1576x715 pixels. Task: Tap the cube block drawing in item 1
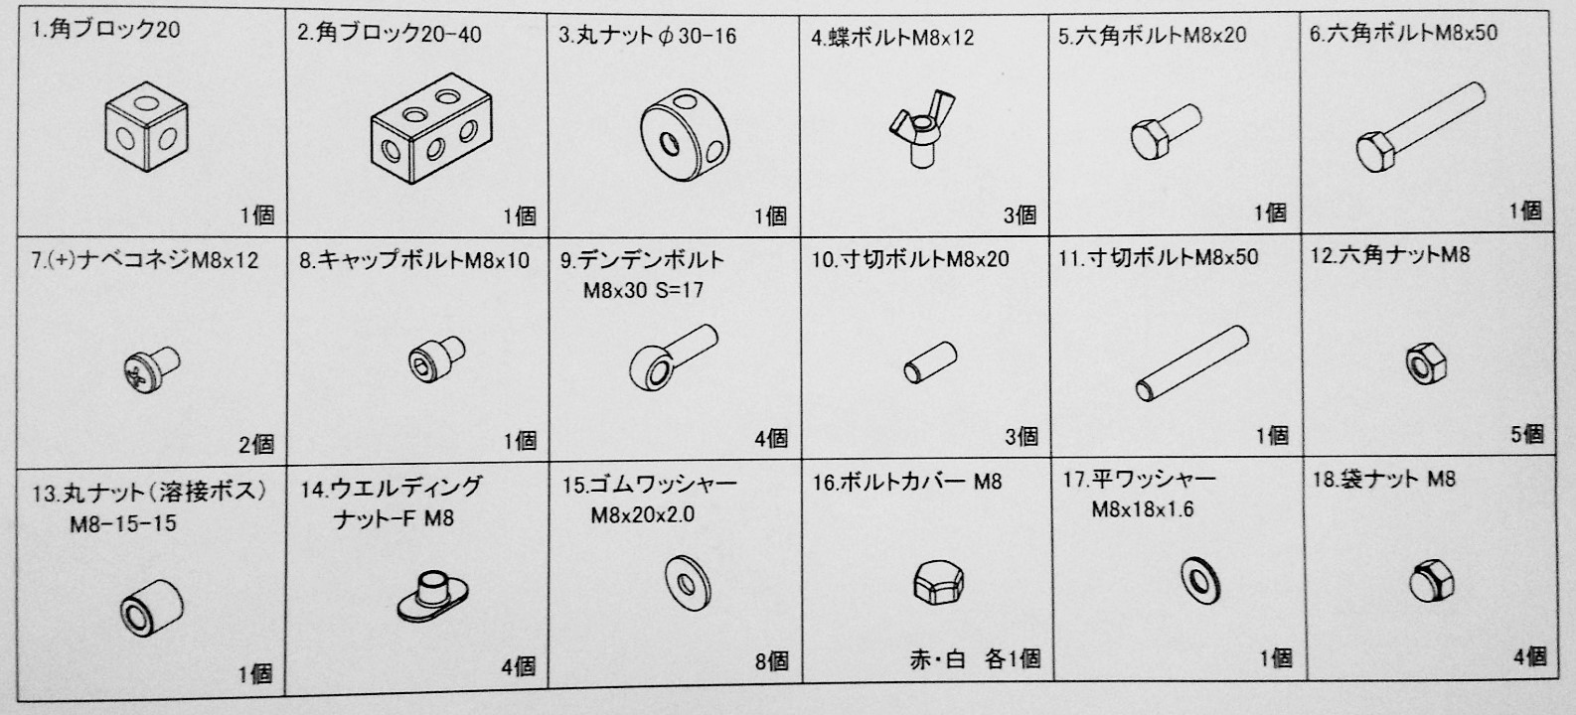[x=146, y=126]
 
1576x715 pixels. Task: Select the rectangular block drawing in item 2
[x=431, y=136]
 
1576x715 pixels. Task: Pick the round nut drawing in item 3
[x=685, y=134]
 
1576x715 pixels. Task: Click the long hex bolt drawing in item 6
[x=1420, y=127]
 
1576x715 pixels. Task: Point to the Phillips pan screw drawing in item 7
[x=151, y=368]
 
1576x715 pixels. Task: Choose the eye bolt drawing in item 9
[x=673, y=357]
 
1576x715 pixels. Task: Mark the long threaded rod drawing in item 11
[x=1191, y=363]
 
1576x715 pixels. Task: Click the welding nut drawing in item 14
[x=433, y=596]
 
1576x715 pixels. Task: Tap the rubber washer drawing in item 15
[x=688, y=583]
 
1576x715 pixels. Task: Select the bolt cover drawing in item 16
[x=939, y=582]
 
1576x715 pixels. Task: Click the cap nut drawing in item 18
[x=1431, y=581]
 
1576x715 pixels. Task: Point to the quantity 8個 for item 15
[x=772, y=660]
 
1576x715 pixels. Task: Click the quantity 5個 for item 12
[x=1526, y=434]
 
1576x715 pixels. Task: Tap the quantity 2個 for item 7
[x=256, y=444]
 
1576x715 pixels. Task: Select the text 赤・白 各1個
[x=975, y=658]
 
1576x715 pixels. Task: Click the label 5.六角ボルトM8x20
[x=1152, y=35]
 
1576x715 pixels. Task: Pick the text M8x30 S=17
[x=643, y=290]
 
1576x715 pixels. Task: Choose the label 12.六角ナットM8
[x=1389, y=255]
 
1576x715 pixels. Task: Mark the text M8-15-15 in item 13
[x=123, y=523]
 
